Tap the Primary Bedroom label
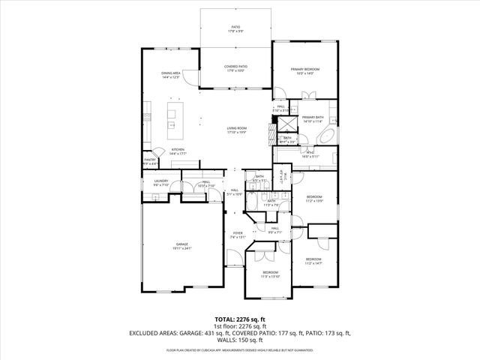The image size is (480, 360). tap(305, 70)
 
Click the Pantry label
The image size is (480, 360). tap(150, 161)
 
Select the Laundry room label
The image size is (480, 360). tap(160, 182)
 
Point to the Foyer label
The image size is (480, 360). tap(238, 235)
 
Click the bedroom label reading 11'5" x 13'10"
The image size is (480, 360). tap(270, 274)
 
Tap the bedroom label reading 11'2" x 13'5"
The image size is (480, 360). tap(314, 199)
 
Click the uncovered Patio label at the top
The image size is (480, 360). tap(236, 29)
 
